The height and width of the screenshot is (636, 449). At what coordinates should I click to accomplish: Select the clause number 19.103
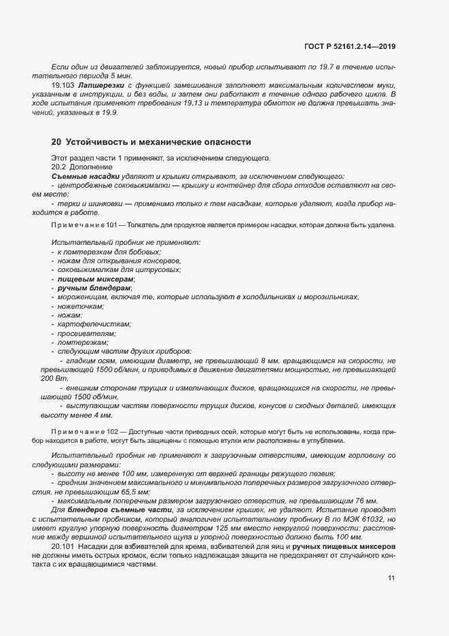pos(62,86)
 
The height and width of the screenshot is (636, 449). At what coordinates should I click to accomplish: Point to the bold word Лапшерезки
pos(100,86)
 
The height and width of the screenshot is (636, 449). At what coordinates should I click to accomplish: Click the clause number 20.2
pos(60,167)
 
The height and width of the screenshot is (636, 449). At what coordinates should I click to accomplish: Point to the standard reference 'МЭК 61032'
pos(359,518)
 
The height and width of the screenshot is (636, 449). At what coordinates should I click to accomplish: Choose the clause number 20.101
pos(62,546)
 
